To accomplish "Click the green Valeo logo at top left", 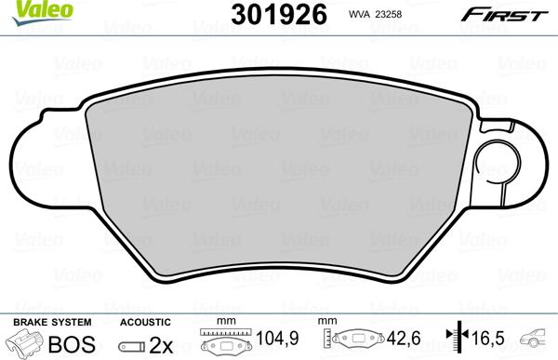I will coord(24,9).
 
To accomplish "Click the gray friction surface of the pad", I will coord(279,177).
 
